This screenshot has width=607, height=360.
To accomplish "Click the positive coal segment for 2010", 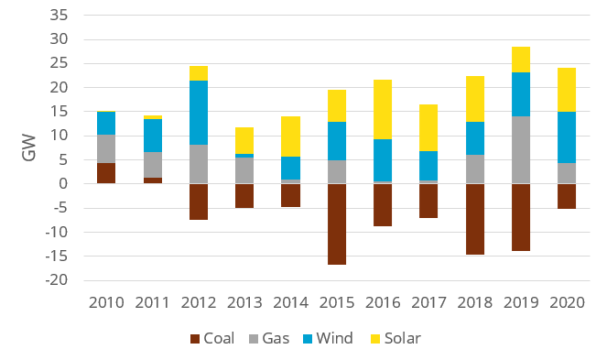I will [105, 172].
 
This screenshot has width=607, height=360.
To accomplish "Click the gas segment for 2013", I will [245, 170].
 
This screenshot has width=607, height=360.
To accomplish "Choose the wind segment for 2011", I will [152, 135].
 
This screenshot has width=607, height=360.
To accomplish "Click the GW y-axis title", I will [30, 149].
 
